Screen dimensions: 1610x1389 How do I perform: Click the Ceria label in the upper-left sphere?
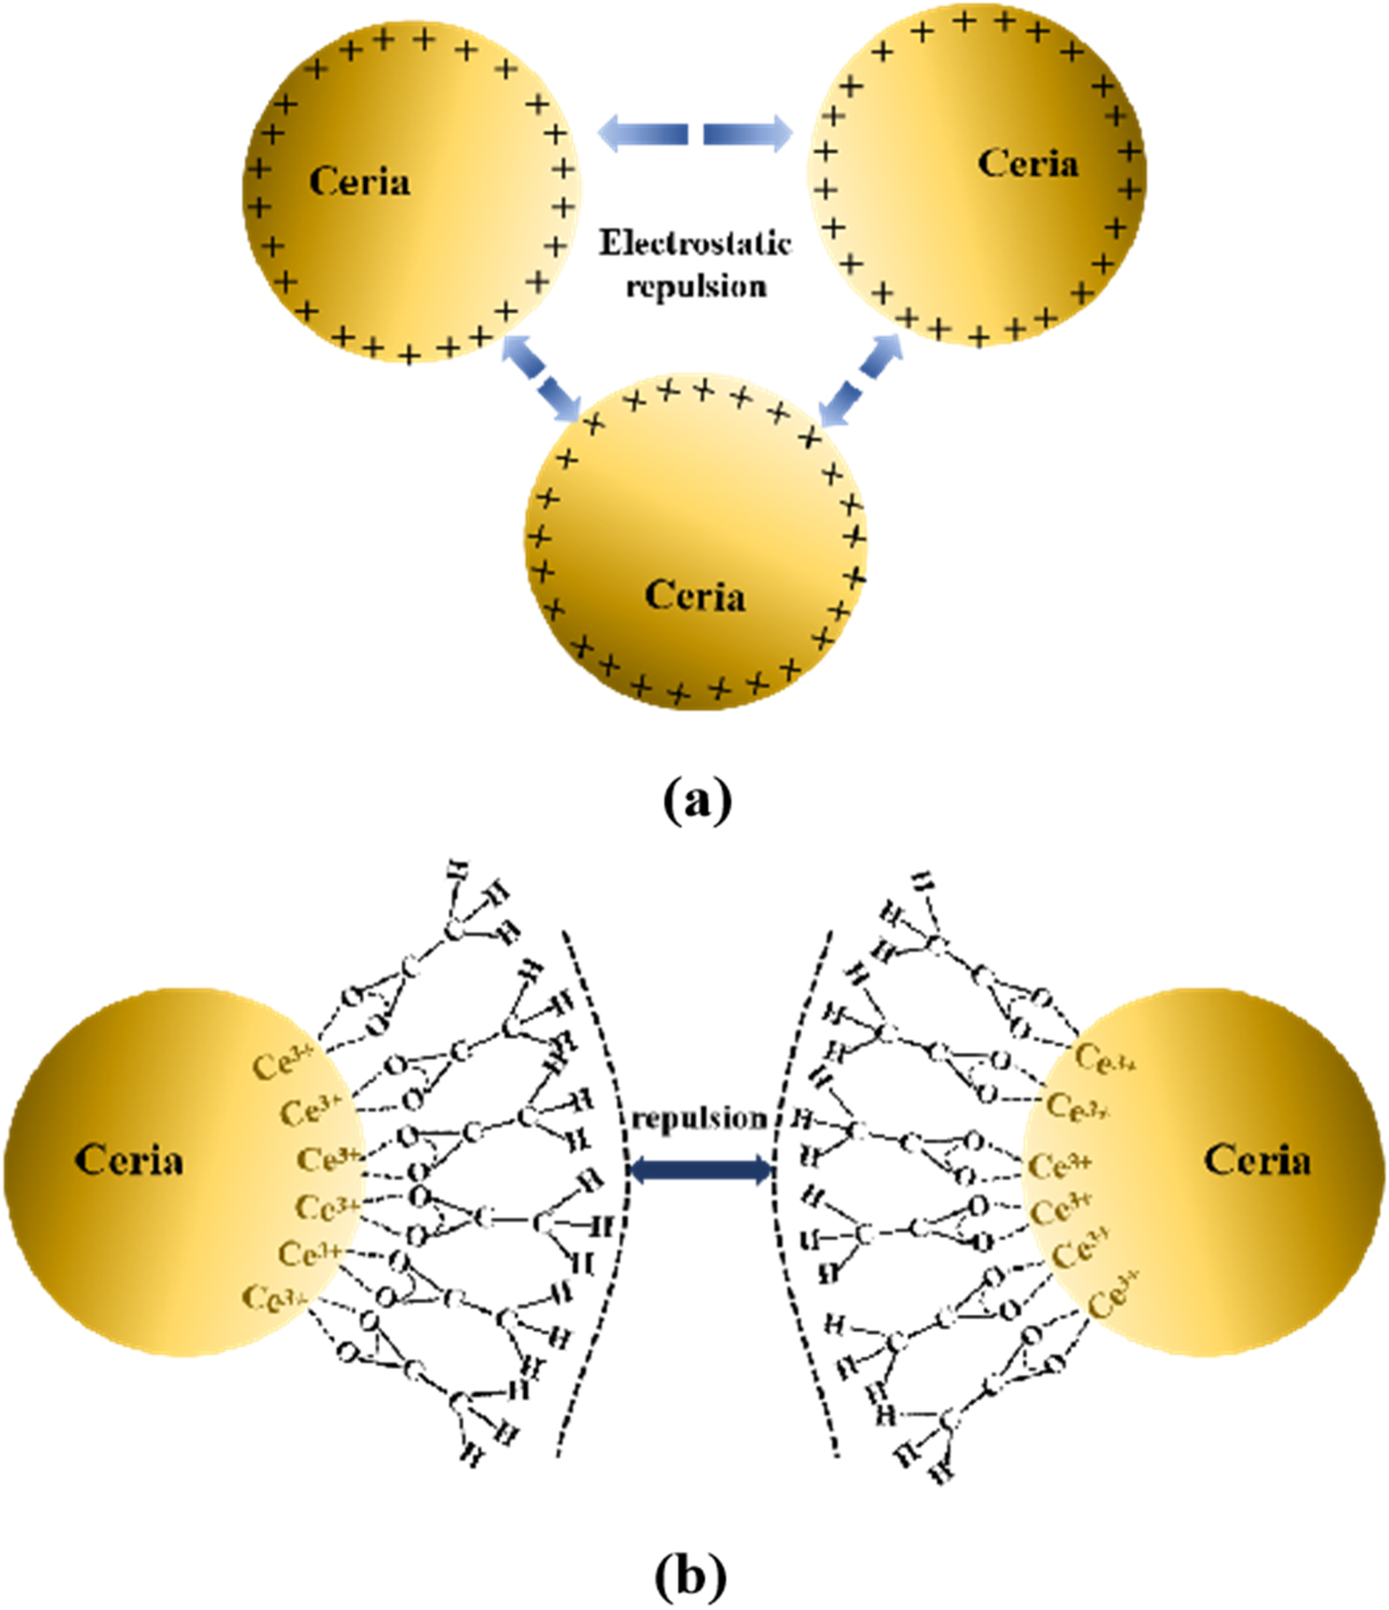[x=359, y=182]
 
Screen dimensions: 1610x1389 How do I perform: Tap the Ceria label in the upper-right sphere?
[x=1027, y=164]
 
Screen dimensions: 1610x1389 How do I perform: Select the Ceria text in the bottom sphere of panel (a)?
[x=694, y=595]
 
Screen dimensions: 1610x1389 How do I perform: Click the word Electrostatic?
[x=694, y=243]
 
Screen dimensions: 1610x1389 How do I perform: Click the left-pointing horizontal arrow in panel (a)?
[x=643, y=134]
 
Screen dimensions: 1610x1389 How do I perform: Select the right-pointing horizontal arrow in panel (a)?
[x=748, y=134]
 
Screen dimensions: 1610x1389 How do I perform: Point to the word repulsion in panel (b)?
[x=699, y=1119]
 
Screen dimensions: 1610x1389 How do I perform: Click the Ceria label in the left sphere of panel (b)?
[x=129, y=1160]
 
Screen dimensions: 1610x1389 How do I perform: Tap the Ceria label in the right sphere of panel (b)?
[x=1256, y=1160]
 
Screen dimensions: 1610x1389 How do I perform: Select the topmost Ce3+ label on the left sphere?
[x=282, y=1064]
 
